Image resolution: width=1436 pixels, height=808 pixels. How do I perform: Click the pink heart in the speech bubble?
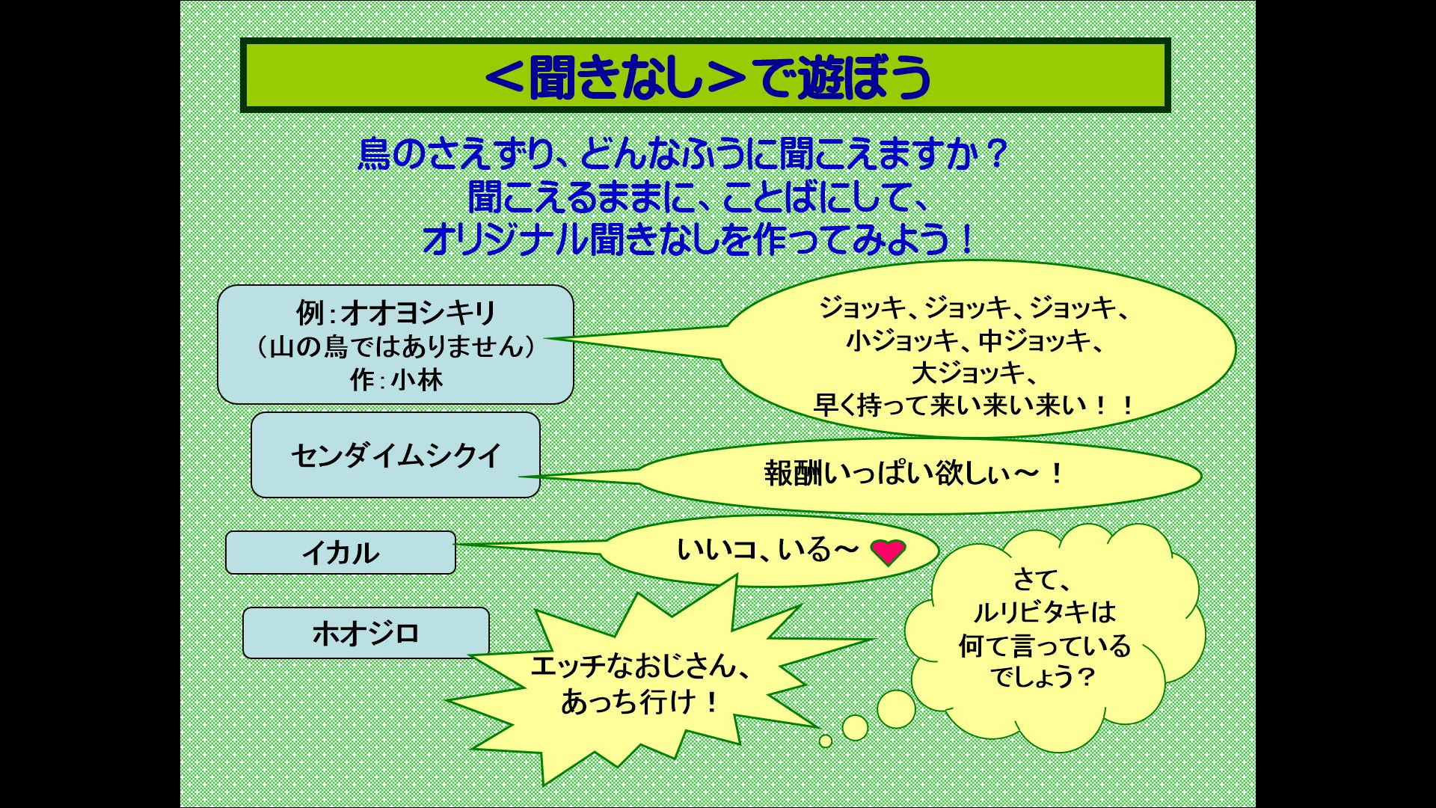coord(889,552)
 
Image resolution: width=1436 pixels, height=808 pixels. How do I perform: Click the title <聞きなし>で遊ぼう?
coord(707,76)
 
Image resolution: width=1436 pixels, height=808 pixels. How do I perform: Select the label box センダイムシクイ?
coord(396,455)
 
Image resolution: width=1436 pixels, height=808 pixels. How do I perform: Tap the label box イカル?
coord(340,553)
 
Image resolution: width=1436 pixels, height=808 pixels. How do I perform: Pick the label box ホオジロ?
coord(366,633)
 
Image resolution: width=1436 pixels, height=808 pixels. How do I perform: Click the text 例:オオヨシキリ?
coord(396,313)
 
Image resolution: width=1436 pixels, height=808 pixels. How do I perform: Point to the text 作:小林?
coord(396,380)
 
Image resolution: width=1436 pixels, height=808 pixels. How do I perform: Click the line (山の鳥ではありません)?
coord(396,346)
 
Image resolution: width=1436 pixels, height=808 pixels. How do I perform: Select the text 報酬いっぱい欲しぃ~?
coord(914,474)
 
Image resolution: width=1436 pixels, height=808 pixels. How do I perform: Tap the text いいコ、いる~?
coord(767,550)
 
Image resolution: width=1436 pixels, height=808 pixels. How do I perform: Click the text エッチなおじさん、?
coord(641,666)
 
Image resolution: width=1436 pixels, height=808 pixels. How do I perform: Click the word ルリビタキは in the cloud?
coord(1045,612)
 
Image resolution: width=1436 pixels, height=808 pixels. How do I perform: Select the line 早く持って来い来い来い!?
coord(974,405)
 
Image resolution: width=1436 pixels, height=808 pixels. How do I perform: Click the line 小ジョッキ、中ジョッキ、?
coord(974,340)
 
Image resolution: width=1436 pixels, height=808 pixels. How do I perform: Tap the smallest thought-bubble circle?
coord(826,741)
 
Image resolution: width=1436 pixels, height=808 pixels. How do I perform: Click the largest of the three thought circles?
coord(896,708)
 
